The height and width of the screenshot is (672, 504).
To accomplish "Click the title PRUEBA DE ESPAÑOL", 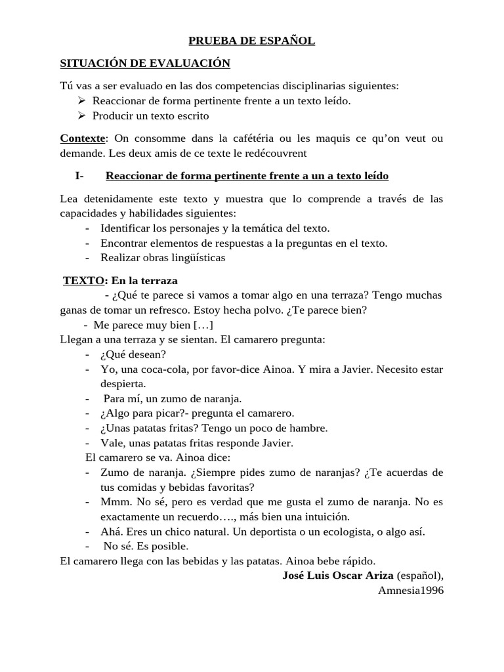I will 252,41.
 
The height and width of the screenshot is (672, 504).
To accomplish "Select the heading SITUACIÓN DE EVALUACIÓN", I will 145,63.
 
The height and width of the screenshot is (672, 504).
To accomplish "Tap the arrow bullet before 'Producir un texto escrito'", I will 81,115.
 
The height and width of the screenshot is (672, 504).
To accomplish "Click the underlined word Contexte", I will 82,138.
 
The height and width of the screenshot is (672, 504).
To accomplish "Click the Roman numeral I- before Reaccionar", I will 80,176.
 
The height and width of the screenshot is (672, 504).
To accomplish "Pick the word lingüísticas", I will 194,257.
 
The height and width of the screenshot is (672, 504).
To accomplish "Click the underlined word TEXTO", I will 83,280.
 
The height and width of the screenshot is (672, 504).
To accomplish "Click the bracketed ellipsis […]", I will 203,325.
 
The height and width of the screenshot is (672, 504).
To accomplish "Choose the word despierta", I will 123,383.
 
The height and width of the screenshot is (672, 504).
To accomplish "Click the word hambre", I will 310,428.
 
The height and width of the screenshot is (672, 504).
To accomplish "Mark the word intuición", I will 321,516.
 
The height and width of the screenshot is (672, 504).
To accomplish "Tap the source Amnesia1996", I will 411,591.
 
